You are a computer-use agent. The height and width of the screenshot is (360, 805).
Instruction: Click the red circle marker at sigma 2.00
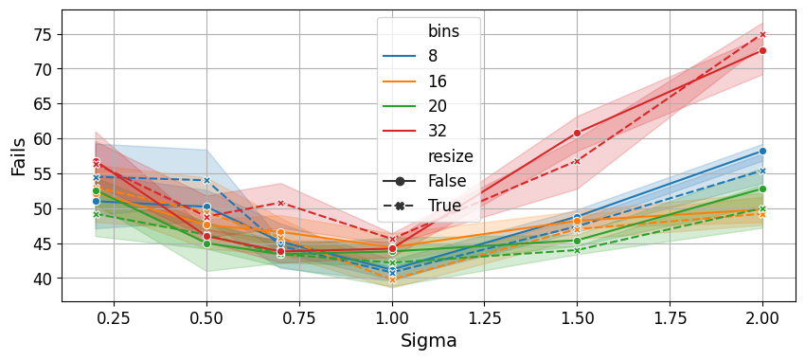tap(762, 51)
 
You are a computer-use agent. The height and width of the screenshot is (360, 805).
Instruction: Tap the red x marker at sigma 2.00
tap(762, 35)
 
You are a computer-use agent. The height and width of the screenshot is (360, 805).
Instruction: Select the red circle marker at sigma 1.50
tap(577, 133)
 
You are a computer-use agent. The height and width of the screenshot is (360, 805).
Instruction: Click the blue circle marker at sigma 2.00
tap(762, 151)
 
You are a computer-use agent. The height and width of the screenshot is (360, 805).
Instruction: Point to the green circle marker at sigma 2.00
tap(762, 189)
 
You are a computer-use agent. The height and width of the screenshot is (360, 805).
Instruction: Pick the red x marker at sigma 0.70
tap(281, 204)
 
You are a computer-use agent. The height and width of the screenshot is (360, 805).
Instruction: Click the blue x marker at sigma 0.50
tap(206, 180)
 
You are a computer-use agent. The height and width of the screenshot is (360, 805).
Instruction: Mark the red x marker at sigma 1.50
tap(577, 161)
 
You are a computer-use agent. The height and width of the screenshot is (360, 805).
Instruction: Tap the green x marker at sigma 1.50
tap(577, 251)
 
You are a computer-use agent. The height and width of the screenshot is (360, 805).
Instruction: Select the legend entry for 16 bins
tap(415, 81)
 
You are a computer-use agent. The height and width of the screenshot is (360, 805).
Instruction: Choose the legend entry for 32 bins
tap(415, 131)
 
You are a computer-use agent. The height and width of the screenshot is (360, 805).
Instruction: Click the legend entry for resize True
tap(422, 206)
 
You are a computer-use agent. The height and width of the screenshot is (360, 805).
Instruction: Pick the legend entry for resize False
tap(424, 181)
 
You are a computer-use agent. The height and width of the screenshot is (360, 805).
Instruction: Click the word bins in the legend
tap(443, 31)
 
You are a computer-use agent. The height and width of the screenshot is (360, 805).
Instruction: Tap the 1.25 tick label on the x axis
tap(484, 318)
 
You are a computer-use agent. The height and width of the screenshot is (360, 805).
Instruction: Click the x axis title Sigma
tap(428, 340)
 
